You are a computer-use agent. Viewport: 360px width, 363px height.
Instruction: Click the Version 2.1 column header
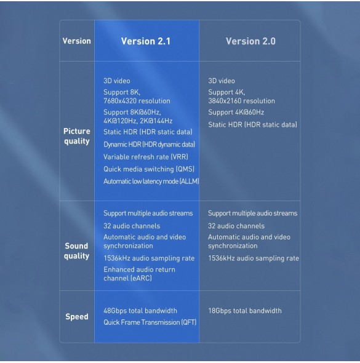click(146, 41)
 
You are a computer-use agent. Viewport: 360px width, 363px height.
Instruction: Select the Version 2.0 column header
click(250, 41)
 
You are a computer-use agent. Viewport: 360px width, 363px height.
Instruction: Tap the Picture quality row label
click(77, 136)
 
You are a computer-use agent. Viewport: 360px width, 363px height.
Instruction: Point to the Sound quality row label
click(77, 251)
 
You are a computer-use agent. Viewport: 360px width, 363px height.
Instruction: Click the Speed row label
click(77, 316)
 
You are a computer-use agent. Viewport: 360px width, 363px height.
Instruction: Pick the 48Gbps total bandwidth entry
click(140, 311)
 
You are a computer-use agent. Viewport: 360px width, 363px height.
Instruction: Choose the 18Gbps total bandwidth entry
click(245, 311)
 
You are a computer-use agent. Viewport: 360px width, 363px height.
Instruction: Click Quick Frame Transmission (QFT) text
click(150, 322)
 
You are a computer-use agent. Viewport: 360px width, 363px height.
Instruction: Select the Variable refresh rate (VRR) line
click(146, 157)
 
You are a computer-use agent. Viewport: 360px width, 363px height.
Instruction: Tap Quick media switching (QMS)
click(149, 169)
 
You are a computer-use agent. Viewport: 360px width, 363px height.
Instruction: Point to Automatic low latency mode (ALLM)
click(151, 181)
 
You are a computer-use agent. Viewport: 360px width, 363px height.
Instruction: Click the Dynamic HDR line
click(150, 144)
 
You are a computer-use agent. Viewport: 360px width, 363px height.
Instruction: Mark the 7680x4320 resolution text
click(137, 101)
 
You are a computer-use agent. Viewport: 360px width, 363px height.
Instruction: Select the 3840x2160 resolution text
click(241, 101)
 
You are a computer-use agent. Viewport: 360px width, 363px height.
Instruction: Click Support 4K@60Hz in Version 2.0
click(236, 112)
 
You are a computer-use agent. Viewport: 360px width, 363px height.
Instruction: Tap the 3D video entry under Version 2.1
click(117, 81)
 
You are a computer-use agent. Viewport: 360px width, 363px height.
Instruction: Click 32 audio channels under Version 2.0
click(236, 226)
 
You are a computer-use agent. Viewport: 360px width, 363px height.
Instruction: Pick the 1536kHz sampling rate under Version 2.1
click(149, 258)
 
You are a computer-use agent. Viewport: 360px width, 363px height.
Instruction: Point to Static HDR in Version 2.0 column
click(252, 124)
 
